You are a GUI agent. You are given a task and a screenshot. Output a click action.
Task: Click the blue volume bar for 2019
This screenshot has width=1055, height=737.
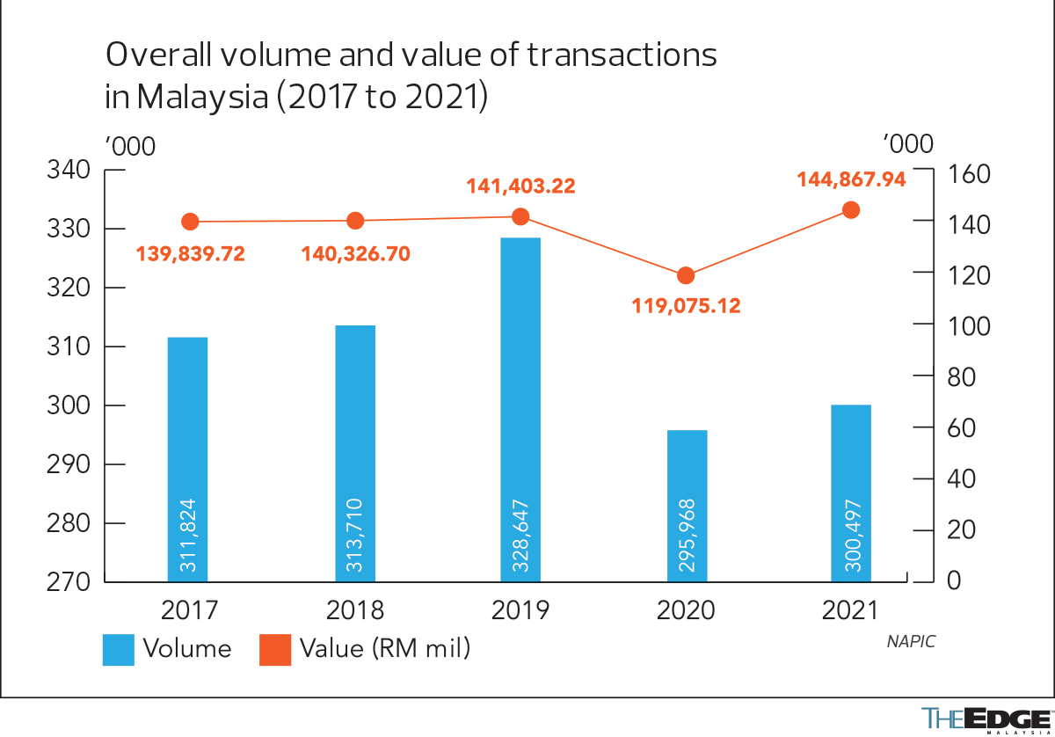[520, 409]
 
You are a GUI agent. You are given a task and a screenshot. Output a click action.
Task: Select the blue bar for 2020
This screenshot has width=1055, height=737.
[687, 506]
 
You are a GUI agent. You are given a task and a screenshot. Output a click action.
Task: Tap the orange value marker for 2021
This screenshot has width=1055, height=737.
[851, 210]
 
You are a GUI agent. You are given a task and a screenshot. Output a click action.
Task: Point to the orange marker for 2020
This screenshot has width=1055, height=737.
[686, 276]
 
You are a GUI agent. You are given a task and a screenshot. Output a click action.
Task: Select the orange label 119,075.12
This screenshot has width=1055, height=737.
[686, 306]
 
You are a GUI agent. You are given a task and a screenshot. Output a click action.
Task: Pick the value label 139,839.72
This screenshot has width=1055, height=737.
[190, 254]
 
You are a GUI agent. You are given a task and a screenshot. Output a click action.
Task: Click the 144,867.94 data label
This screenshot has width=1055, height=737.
[851, 179]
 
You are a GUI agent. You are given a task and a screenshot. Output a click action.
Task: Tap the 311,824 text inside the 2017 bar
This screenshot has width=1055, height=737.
[187, 536]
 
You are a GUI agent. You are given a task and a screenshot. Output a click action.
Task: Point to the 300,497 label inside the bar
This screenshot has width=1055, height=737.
[851, 536]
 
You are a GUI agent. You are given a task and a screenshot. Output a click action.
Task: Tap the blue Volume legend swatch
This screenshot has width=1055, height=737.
[119, 650]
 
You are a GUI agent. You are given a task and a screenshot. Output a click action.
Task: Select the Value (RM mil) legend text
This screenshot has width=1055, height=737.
[385, 649]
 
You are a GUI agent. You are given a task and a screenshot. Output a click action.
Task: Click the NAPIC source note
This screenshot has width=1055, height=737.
[911, 641]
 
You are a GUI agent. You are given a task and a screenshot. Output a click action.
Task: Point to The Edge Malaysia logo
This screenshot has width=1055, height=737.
[986, 719]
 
